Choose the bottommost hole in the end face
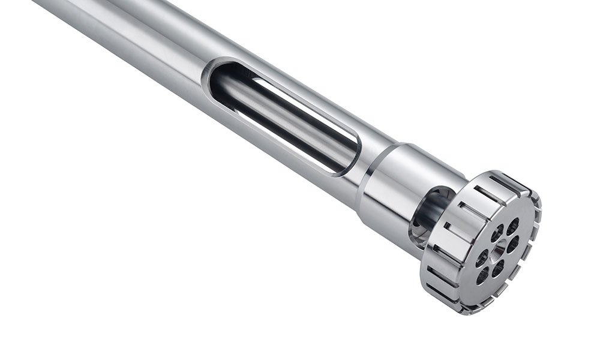[483, 275]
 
